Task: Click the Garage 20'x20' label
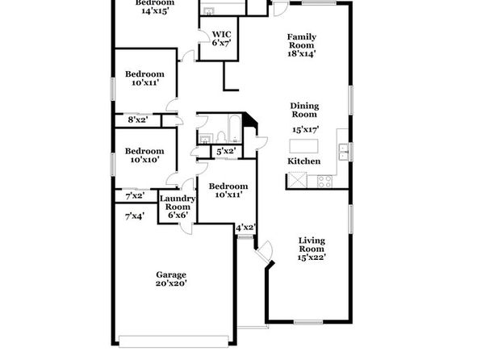coord(171,278)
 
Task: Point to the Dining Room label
coord(304,110)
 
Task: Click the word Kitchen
coord(304,161)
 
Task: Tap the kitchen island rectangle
coord(303,146)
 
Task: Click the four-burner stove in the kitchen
coord(324,181)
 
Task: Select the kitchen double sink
coord(343,153)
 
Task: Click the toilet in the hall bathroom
coord(221,137)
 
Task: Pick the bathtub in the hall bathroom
coord(235,128)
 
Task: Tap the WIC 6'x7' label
coord(221,39)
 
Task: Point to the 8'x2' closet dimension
coord(138,119)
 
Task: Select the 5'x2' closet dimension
coord(226,151)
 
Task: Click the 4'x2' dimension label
coord(245,228)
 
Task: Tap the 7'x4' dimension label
coord(135,216)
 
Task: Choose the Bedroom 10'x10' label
coord(144,155)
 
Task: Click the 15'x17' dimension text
coord(306,129)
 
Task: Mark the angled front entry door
coord(264,252)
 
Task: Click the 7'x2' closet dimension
coord(135,195)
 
